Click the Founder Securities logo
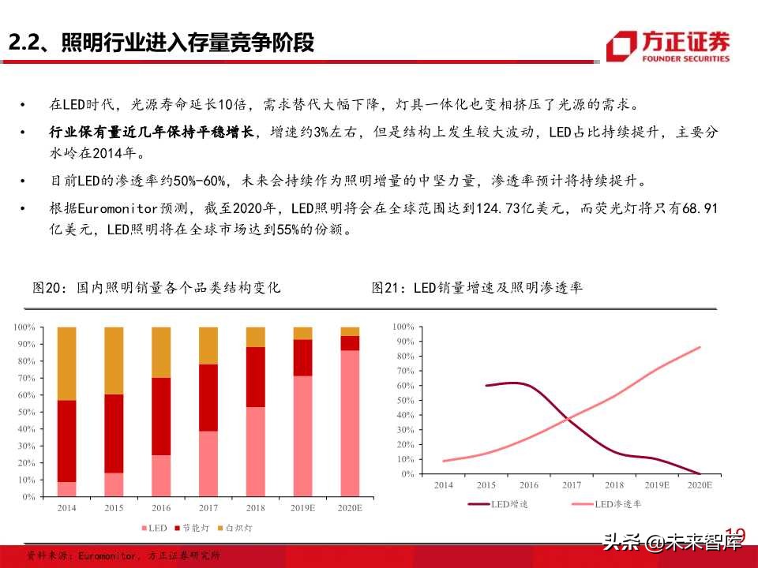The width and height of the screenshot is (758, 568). point(668,45)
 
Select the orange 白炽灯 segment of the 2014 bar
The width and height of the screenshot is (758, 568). point(68,363)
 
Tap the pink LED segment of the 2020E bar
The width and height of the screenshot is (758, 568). point(350,423)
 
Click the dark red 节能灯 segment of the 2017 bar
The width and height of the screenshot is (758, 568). point(208,398)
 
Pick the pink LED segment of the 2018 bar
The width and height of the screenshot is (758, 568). point(256,451)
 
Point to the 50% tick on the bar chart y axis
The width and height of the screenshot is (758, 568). point(24,412)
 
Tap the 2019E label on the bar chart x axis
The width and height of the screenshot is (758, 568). point(303,509)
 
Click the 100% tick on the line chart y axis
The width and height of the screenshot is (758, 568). point(403,327)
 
